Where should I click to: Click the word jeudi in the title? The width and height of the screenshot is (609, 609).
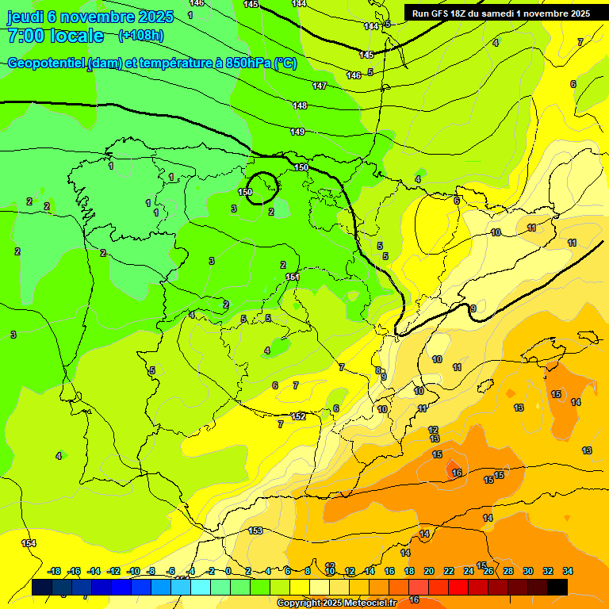tap(24, 16)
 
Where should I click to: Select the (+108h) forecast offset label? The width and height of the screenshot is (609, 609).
tap(140, 35)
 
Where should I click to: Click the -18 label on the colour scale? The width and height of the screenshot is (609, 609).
tap(55, 571)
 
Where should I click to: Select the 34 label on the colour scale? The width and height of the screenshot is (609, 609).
tap(568, 571)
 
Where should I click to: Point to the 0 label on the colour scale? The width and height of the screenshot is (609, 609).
tap(228, 571)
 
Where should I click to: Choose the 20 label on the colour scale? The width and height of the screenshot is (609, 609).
tap(429, 571)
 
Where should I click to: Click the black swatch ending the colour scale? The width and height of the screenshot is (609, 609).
tap(557, 587)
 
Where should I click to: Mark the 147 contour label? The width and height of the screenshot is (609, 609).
tap(320, 86)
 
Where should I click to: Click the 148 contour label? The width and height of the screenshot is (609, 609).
tap(300, 105)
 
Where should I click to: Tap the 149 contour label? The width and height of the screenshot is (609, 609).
tap(297, 132)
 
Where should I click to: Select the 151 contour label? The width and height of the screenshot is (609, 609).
tap(293, 277)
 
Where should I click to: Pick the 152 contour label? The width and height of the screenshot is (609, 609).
tap(298, 416)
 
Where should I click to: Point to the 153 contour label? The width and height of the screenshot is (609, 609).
tap(255, 530)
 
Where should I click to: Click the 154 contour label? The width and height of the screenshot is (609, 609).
tap(29, 543)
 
